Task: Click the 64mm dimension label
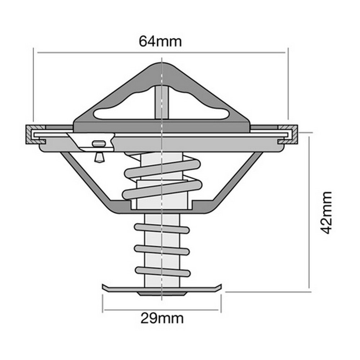[x=160, y=41]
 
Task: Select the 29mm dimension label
[x=162, y=318]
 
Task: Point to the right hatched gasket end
[x=288, y=135]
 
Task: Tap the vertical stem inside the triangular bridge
[x=162, y=102]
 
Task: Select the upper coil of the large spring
[x=162, y=169]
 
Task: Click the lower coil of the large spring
[x=162, y=190]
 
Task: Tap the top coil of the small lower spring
[x=162, y=229]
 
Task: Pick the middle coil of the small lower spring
[x=162, y=250]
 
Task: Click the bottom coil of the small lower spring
[x=163, y=271]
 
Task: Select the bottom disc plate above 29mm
[x=162, y=289]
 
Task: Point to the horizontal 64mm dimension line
[x=161, y=53]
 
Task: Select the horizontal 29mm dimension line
[x=161, y=310]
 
